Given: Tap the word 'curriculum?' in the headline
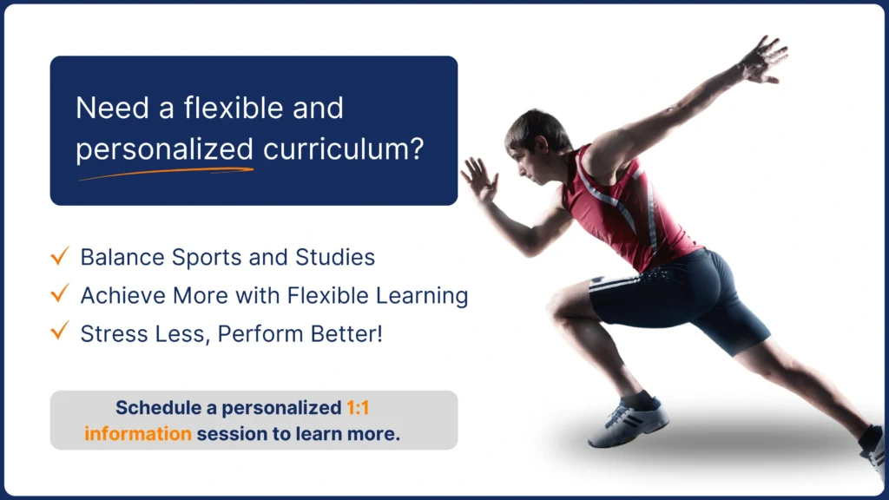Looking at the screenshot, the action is click(x=343, y=149).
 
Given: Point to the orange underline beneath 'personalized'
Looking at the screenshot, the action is click(x=166, y=173).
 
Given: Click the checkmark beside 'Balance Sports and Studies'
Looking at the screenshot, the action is click(x=60, y=256).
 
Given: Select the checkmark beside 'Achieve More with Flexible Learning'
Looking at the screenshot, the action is click(x=60, y=293).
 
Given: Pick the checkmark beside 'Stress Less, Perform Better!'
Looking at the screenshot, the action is click(x=60, y=331).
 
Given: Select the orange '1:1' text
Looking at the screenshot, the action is click(x=358, y=408).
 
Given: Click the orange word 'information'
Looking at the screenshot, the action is click(x=138, y=434).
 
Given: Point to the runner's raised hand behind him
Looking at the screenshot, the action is click(x=764, y=60).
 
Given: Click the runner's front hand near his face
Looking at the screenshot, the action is click(x=479, y=179).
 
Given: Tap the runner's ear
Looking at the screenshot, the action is click(x=542, y=145).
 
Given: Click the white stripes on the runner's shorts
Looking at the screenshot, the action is click(x=615, y=282).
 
